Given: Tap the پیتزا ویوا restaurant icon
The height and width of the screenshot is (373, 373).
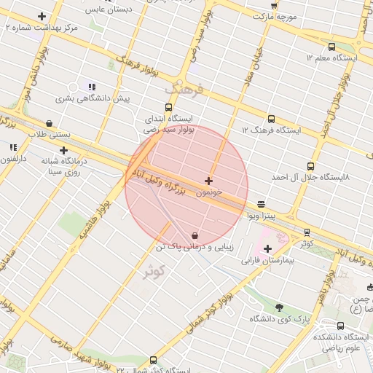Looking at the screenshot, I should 262,204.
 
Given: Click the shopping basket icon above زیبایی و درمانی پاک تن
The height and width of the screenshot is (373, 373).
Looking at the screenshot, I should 195,235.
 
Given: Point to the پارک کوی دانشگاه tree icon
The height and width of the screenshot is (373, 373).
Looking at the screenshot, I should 279,307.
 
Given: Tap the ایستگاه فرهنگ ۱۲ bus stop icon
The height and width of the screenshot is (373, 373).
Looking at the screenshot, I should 272,119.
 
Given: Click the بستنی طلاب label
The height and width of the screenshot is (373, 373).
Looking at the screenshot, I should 48,135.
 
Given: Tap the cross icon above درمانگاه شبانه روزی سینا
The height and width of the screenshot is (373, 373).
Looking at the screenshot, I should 63,150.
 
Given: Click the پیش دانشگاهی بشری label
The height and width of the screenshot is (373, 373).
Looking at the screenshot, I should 95,98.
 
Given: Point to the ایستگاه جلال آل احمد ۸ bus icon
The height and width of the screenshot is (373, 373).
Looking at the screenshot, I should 311,166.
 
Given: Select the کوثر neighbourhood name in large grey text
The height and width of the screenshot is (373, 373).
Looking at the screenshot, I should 154,272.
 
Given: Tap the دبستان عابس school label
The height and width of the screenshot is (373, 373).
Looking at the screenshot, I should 109,10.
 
